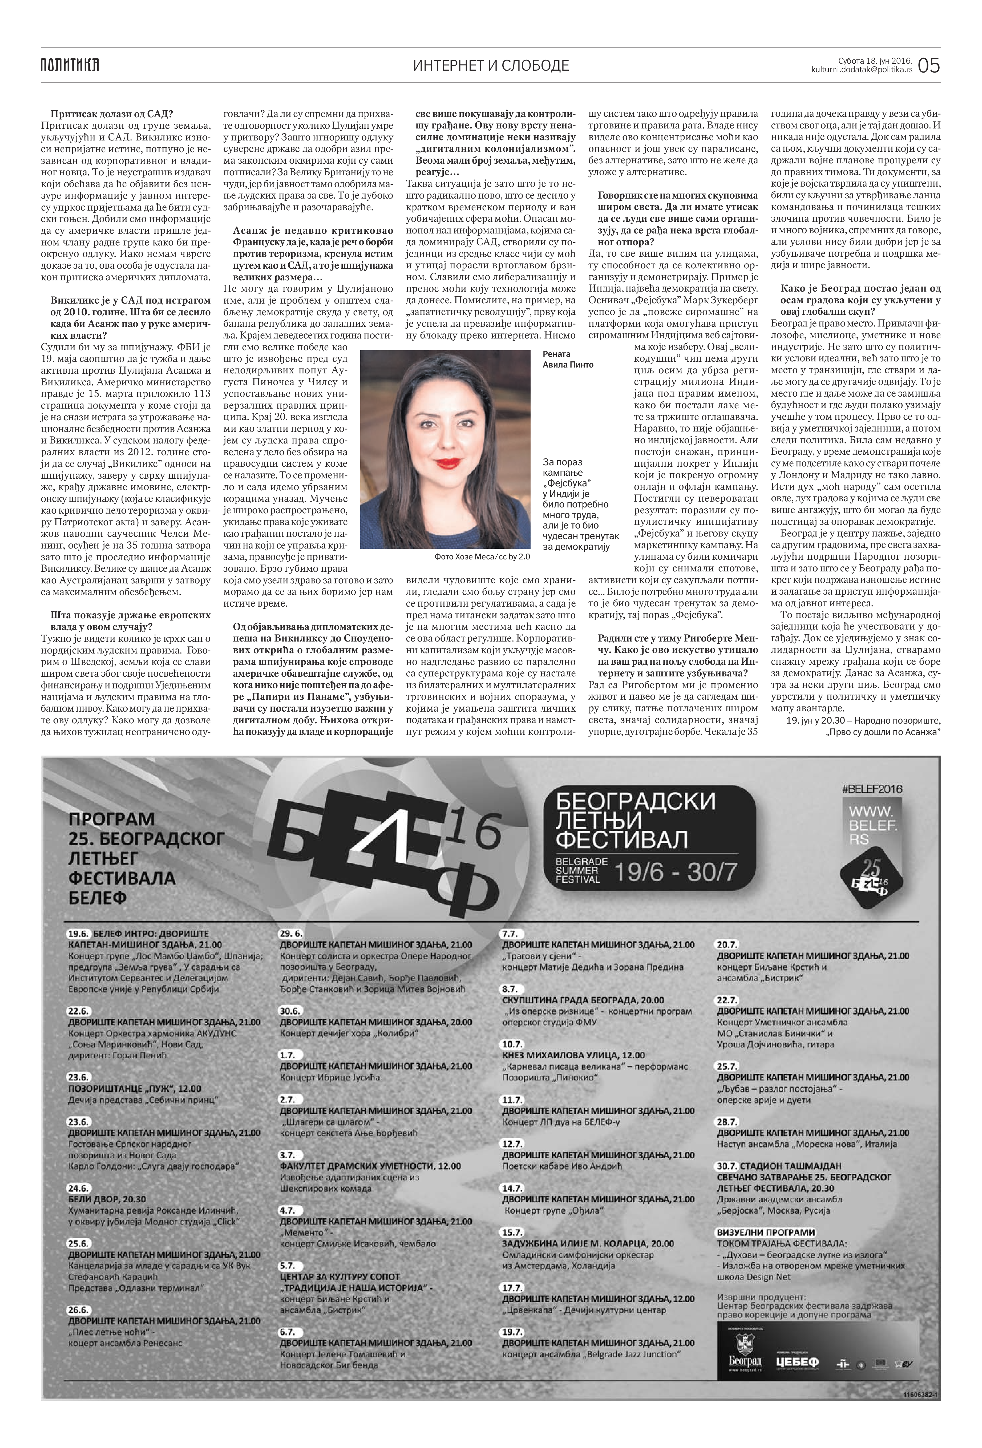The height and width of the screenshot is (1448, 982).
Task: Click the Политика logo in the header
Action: [70, 65]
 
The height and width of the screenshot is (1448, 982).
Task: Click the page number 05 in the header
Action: [928, 65]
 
